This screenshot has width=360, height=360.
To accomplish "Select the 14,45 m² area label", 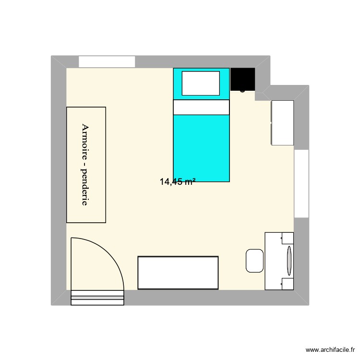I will click(x=178, y=182).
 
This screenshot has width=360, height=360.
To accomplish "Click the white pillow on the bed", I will click(x=201, y=83).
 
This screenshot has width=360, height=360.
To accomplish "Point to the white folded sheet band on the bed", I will click(x=201, y=108).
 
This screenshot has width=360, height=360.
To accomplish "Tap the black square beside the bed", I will click(x=242, y=79).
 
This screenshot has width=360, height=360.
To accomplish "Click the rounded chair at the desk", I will click(x=255, y=260).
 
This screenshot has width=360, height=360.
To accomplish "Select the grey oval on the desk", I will click(x=289, y=261).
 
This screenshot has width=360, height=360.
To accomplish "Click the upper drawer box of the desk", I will click(x=288, y=238).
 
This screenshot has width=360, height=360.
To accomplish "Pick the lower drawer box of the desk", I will click(x=288, y=284).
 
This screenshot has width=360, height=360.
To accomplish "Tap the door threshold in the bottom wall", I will click(x=97, y=298).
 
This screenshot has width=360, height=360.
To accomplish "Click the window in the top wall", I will click(x=107, y=61).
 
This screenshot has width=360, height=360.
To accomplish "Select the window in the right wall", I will click(x=301, y=183).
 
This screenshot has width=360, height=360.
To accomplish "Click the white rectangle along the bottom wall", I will click(x=178, y=273).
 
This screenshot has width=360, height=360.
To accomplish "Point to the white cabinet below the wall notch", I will click(x=282, y=122).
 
